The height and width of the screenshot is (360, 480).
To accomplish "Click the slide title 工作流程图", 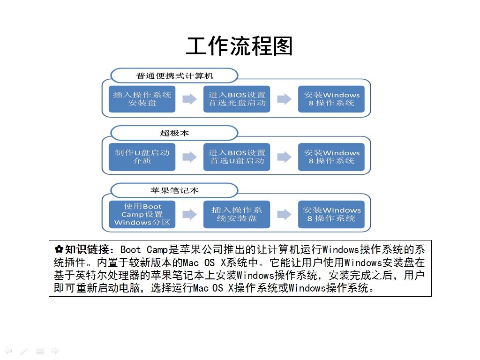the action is (239, 46).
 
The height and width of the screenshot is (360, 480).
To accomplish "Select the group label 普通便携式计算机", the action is (174, 75).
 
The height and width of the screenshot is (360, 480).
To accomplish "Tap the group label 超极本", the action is (174, 133).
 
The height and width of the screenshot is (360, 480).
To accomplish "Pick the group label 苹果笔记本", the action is (174, 190).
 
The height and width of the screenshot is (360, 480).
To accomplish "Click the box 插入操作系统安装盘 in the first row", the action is (142, 99).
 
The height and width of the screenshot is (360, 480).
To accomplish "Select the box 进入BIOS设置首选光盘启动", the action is (237, 99).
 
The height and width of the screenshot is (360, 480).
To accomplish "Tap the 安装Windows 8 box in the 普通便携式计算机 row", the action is (331, 99).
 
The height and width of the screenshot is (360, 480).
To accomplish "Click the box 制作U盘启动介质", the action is (142, 157).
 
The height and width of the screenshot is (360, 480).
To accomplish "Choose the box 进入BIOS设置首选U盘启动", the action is (237, 157).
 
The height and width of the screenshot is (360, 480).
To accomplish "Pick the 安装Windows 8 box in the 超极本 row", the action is (331, 157).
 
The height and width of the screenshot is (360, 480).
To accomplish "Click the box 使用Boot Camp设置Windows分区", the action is (142, 214).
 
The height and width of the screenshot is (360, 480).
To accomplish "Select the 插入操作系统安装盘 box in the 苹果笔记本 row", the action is (237, 214).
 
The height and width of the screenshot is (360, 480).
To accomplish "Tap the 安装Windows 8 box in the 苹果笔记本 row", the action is (331, 214).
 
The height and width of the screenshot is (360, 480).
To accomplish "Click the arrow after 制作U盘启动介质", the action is (189, 157).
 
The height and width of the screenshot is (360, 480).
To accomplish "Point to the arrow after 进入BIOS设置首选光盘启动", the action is (284, 99).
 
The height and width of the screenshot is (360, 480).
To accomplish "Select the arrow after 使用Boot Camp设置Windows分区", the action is (189, 214).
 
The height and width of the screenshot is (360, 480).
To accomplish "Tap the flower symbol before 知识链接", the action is (59, 249).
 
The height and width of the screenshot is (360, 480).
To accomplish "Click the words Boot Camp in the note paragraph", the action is (143, 249).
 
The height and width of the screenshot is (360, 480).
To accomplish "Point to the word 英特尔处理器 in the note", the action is (107, 275).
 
